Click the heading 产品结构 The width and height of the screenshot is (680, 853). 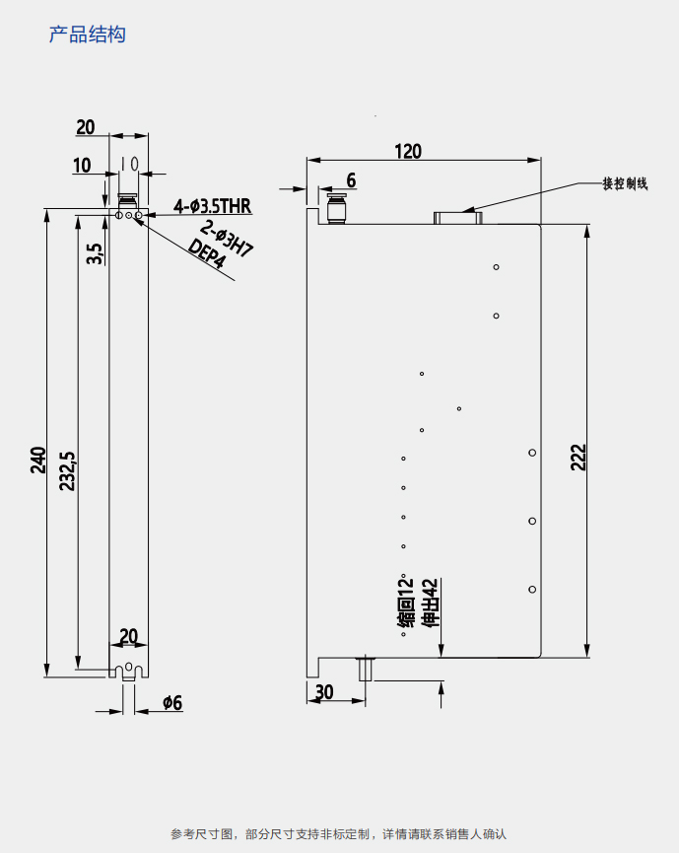[88, 35]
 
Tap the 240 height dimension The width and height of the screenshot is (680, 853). [37, 460]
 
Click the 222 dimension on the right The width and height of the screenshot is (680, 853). [578, 457]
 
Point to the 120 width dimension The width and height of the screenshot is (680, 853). [408, 151]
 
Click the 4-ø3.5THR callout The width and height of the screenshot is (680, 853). [212, 206]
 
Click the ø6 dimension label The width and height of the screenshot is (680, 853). [172, 702]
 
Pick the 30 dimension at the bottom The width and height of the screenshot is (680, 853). [324, 692]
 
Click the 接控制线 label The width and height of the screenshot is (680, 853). [626, 183]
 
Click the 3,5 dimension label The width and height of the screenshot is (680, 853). [94, 253]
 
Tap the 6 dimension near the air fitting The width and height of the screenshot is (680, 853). [350, 180]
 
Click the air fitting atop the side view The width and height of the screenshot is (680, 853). [336, 210]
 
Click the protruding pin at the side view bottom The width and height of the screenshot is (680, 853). [367, 669]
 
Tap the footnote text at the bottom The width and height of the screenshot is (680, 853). [338, 833]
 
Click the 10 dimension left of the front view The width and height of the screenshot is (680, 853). [81, 165]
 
